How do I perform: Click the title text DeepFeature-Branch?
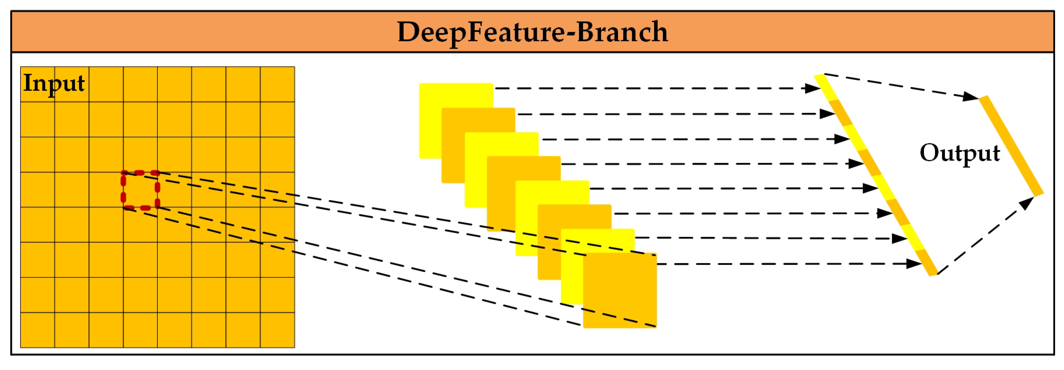[532, 32]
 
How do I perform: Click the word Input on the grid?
[54, 83]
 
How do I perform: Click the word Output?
[959, 154]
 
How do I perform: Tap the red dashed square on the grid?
[140, 190]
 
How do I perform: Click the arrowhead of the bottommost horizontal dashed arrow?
[914, 264]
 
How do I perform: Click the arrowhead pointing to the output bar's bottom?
[1027, 203]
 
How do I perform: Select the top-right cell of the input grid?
[277, 84]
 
